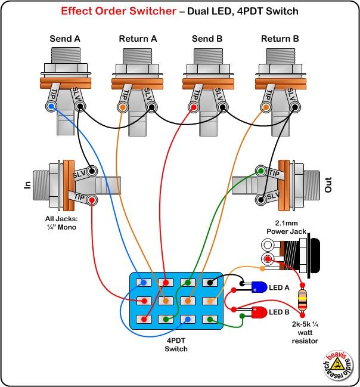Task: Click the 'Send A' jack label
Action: (65, 39)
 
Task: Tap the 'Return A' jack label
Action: (138, 39)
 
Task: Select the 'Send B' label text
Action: (207, 39)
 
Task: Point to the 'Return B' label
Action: (280, 39)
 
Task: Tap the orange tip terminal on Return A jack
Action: (123, 108)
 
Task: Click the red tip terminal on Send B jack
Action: (194, 108)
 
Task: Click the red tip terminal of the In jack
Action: (92, 200)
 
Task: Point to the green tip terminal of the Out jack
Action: (260, 171)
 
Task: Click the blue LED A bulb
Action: (255, 286)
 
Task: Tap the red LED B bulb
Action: (260, 312)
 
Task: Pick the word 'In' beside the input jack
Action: (27, 185)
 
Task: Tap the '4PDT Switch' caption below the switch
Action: (176, 345)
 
